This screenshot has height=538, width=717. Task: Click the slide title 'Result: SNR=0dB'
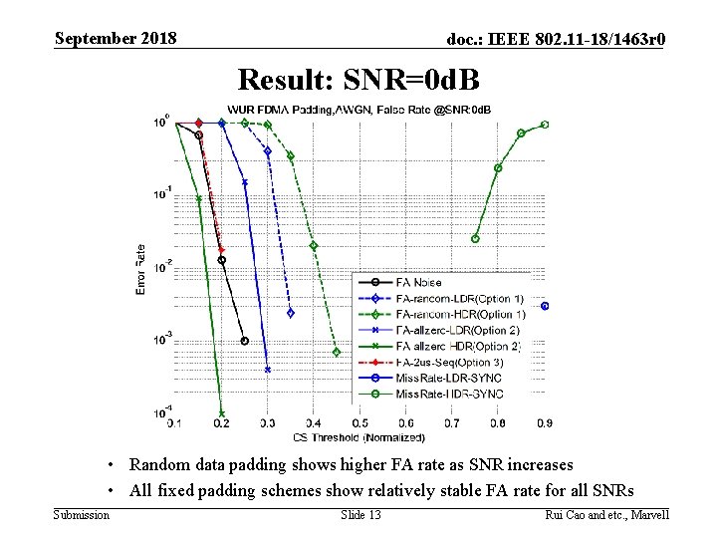(358, 78)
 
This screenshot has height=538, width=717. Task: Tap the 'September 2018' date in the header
(116, 39)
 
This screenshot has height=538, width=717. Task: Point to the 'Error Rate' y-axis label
(140, 269)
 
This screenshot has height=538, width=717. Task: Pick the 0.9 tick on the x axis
(545, 423)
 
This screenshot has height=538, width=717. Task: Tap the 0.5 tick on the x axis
(359, 423)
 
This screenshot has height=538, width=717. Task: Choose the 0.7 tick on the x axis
(453, 423)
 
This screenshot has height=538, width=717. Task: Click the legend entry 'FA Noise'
(418, 283)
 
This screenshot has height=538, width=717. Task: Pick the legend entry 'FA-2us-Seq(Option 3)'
(448, 362)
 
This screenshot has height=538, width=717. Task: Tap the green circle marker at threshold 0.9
(545, 125)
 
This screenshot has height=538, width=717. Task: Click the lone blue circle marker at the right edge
(545, 306)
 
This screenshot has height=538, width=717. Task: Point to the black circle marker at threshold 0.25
(245, 341)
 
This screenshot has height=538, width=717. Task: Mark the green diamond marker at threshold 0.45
(337, 352)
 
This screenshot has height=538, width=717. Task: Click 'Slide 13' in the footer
(359, 514)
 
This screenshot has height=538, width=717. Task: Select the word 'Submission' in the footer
(82, 514)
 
